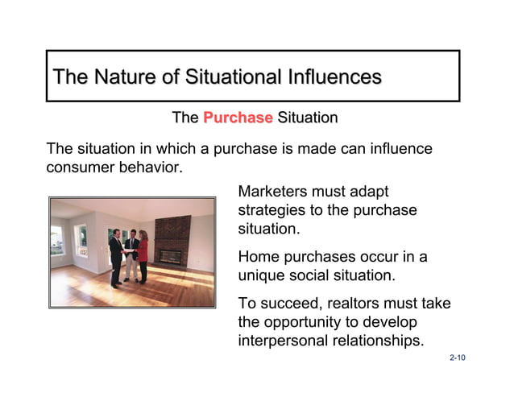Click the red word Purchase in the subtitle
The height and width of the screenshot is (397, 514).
point(238,118)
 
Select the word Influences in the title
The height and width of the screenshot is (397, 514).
point(331,77)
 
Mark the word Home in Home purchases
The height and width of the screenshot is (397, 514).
point(257,257)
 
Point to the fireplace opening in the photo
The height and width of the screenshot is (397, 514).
point(170,257)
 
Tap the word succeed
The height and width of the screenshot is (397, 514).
point(286,304)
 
